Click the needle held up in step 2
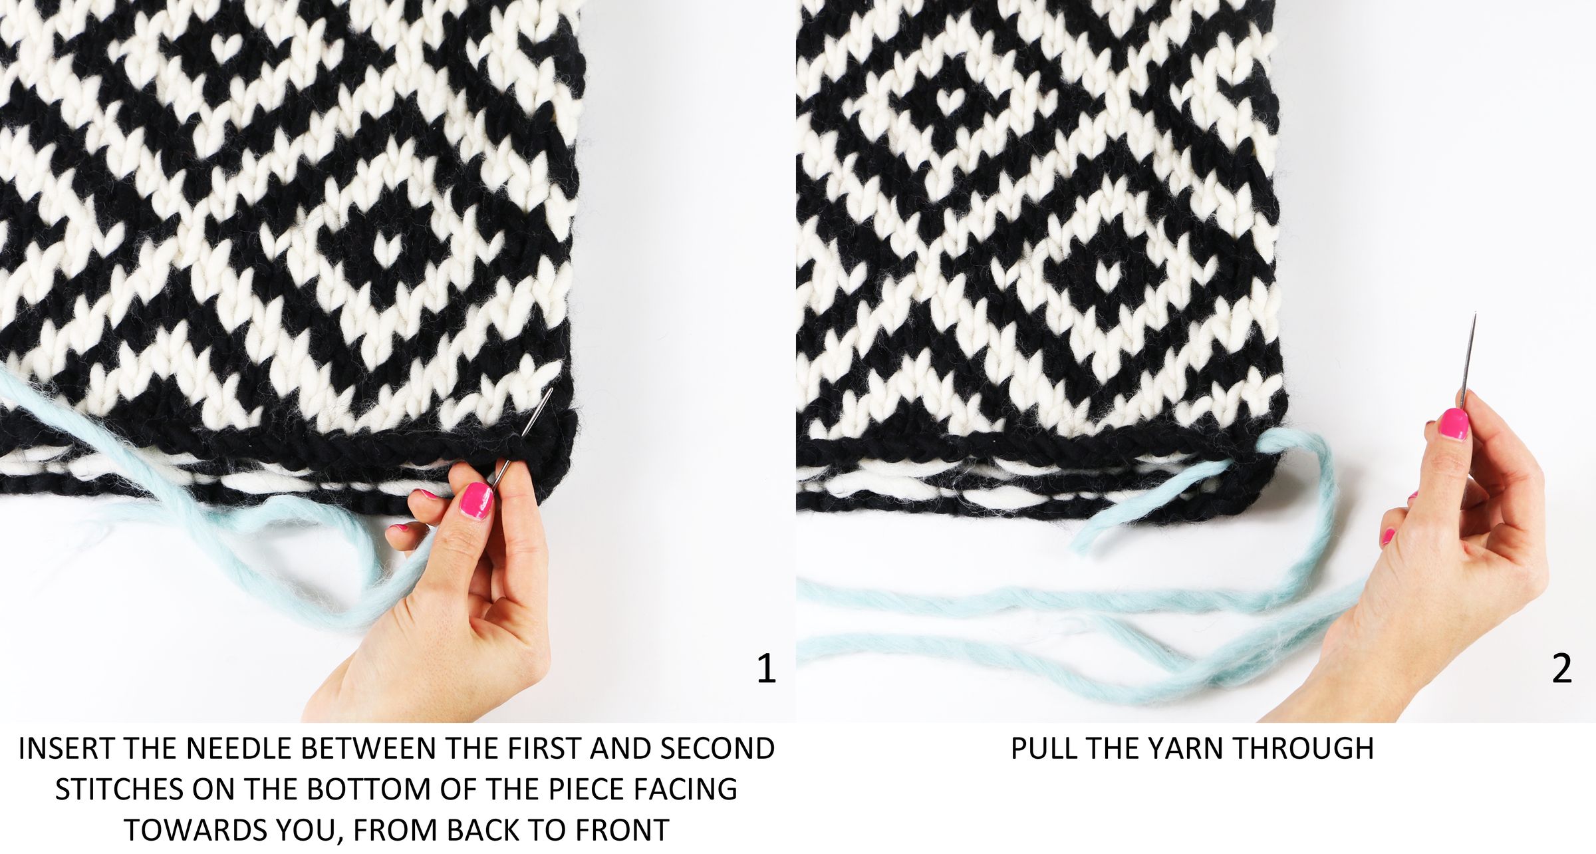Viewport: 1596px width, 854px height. pos(1468,360)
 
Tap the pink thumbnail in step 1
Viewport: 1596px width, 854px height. pos(477,500)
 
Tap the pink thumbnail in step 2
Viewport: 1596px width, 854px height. pos(1454,424)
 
